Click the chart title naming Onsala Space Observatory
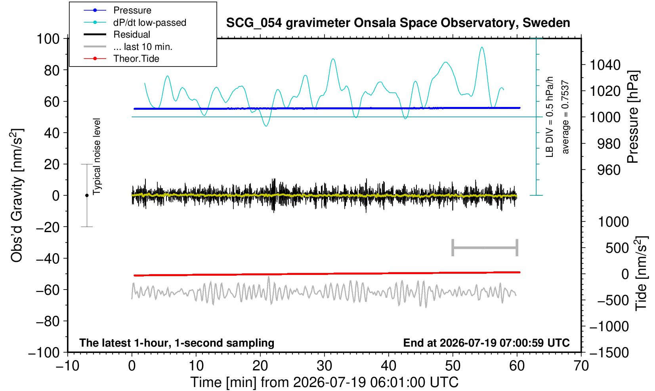[398, 23]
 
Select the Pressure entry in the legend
[132, 10]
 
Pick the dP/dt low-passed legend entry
[150, 23]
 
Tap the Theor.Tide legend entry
[136, 59]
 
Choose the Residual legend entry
[132, 34]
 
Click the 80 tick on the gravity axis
[52, 70]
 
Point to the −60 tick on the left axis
[48, 290]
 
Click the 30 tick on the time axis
[324, 366]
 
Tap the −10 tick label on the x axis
[67, 366]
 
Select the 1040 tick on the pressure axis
[605, 65]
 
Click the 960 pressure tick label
[609, 170]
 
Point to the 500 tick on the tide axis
[617, 248]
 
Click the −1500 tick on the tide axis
[609, 353]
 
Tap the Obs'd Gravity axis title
[17, 195]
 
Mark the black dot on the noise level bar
[87, 195]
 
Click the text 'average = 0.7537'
[565, 117]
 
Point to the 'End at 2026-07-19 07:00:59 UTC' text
[486, 343]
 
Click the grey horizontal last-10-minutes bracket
[485, 248]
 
